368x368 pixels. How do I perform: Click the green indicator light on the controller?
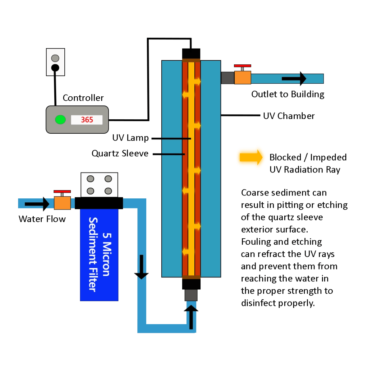(60, 120)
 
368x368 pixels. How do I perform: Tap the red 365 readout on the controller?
(87, 120)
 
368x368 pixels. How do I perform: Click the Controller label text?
(83, 98)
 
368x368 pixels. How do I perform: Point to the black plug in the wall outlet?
(55, 68)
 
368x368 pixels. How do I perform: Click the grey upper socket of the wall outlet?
(55, 58)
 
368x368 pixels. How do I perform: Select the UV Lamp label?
(130, 138)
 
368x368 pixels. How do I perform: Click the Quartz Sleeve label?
(120, 153)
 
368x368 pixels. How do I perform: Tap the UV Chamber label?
(289, 116)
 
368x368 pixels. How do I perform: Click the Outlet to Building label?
(288, 95)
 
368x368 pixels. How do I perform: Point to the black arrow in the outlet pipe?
(294, 78)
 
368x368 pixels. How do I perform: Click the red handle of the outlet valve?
(243, 66)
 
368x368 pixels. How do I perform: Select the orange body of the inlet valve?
(62, 203)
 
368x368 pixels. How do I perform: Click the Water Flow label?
(42, 219)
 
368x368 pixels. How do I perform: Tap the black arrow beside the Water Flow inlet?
(37, 204)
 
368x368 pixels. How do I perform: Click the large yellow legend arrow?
(251, 157)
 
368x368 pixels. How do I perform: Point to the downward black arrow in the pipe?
(141, 267)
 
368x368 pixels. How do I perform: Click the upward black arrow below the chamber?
(191, 317)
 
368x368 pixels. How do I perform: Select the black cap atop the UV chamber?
(191, 54)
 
